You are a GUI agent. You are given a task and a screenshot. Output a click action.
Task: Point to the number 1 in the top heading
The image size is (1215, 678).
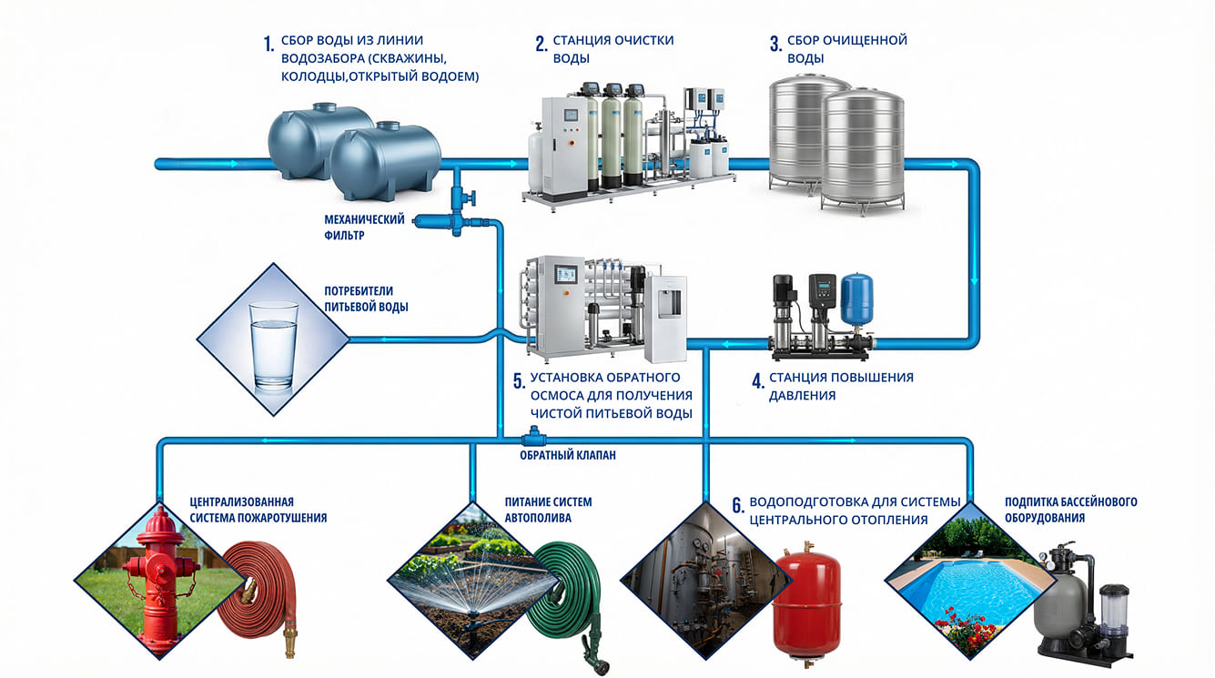[268, 44]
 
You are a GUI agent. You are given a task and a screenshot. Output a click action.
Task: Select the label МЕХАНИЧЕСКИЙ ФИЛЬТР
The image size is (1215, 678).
[364, 228]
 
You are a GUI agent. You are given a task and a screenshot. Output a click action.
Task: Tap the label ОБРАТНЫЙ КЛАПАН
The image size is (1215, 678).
[568, 455]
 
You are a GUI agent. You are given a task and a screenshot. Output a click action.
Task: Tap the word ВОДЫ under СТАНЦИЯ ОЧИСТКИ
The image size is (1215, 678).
[571, 59]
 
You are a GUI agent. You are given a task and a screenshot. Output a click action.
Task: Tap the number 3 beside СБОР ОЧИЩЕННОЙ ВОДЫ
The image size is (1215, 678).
[775, 44]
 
